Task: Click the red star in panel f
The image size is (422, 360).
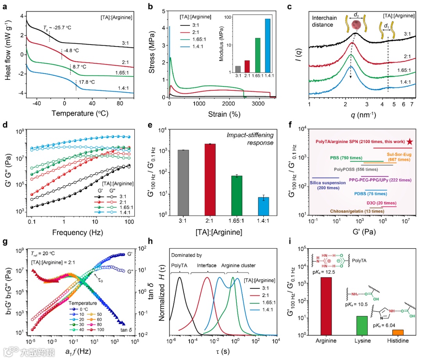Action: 409,141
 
